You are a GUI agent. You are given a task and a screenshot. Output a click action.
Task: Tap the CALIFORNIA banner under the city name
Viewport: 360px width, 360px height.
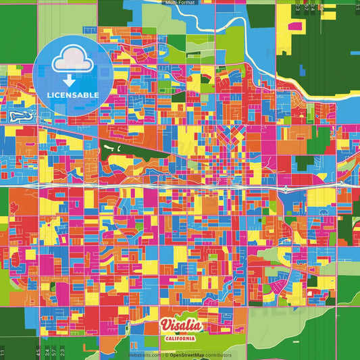pyautogui.click(x=180, y=338)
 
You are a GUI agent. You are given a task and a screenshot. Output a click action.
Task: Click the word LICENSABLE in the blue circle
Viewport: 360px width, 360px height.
pyautogui.click(x=72, y=95)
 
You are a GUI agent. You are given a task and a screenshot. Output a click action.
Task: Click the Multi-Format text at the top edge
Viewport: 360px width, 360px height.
pyautogui.click(x=180, y=3)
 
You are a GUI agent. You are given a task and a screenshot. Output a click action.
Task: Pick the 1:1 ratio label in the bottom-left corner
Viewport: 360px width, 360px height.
pyautogui.click(x=3, y=352)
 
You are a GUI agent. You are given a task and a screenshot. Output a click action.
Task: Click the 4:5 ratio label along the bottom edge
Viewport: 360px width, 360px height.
pyautogui.click(x=36, y=352)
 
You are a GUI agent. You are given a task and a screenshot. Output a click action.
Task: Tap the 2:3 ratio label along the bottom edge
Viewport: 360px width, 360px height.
pyautogui.click(x=63, y=352)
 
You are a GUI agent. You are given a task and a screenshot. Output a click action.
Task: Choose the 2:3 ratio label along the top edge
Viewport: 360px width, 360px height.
pyautogui.click(x=298, y=7)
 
